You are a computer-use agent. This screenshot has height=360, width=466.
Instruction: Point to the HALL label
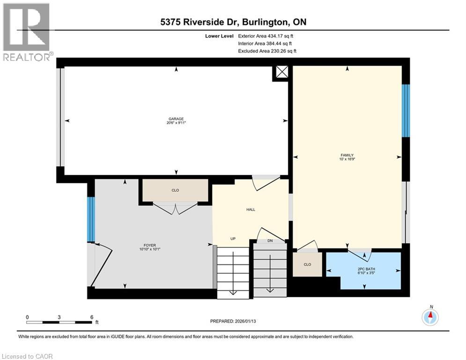(x=251, y=210)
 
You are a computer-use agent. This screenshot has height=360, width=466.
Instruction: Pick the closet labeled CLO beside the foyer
(x=175, y=190)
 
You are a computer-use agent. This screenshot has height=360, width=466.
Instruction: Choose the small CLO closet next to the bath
(x=307, y=264)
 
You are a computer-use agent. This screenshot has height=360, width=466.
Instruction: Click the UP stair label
(x=232, y=239)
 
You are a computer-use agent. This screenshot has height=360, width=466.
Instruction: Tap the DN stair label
(x=270, y=241)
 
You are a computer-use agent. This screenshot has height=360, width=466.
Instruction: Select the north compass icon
(x=430, y=317)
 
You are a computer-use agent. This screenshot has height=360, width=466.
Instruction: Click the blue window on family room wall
(x=406, y=111)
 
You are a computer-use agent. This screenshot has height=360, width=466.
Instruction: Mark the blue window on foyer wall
(x=91, y=219)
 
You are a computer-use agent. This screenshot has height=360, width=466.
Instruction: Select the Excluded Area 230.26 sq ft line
(x=267, y=51)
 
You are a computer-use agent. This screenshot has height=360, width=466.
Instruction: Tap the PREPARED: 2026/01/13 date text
(x=233, y=321)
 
